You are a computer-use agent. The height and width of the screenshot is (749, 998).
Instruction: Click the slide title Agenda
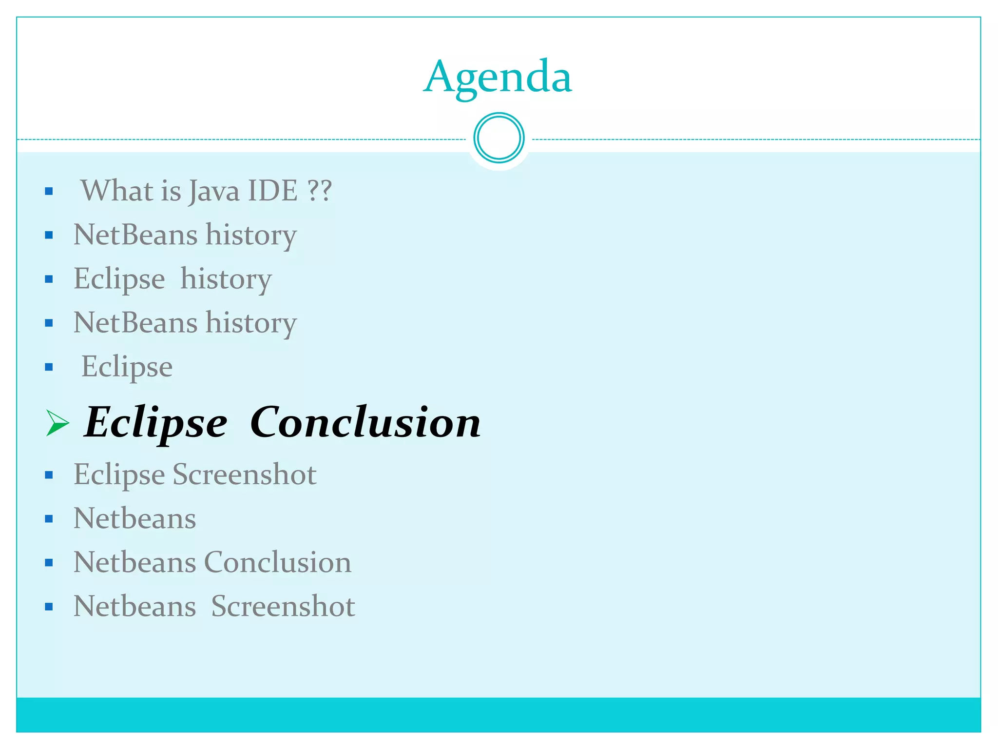point(498,77)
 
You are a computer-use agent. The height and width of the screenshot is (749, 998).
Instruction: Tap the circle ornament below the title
point(499,138)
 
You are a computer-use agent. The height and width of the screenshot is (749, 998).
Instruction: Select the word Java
point(214,191)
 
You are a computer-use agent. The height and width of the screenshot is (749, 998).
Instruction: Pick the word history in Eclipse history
point(226,279)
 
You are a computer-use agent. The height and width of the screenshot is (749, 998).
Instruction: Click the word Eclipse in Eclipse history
point(119,279)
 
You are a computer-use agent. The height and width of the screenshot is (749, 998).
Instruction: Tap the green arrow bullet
point(58,422)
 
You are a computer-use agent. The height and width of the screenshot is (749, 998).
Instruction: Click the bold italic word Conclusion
point(365,422)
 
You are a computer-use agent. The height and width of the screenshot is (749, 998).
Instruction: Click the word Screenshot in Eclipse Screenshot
point(245,474)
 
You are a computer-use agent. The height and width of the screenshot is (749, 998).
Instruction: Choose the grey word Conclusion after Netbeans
point(277,562)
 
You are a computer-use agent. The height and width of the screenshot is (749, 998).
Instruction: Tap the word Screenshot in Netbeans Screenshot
point(283,606)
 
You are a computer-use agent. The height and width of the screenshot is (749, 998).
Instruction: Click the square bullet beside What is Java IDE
point(49,191)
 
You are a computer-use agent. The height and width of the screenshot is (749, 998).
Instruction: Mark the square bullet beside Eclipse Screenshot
point(49,475)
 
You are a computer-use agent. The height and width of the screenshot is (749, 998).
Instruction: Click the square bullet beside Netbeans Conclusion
point(49,563)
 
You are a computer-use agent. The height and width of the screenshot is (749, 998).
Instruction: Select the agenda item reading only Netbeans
point(135,518)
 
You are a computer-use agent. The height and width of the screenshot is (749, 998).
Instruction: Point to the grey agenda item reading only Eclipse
point(127,367)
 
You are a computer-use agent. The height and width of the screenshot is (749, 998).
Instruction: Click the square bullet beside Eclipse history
point(49,279)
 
